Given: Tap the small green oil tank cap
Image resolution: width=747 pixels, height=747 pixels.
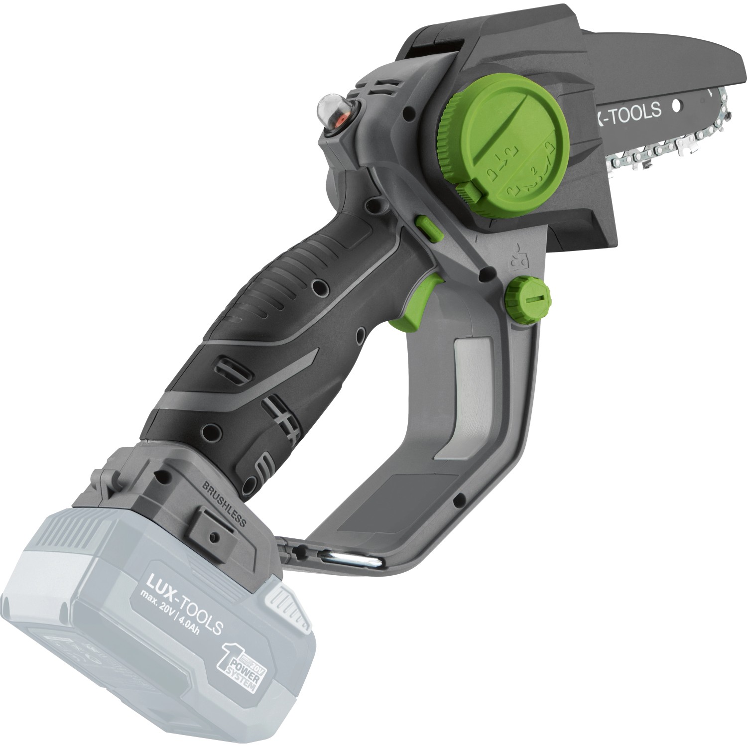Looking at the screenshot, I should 528,298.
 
